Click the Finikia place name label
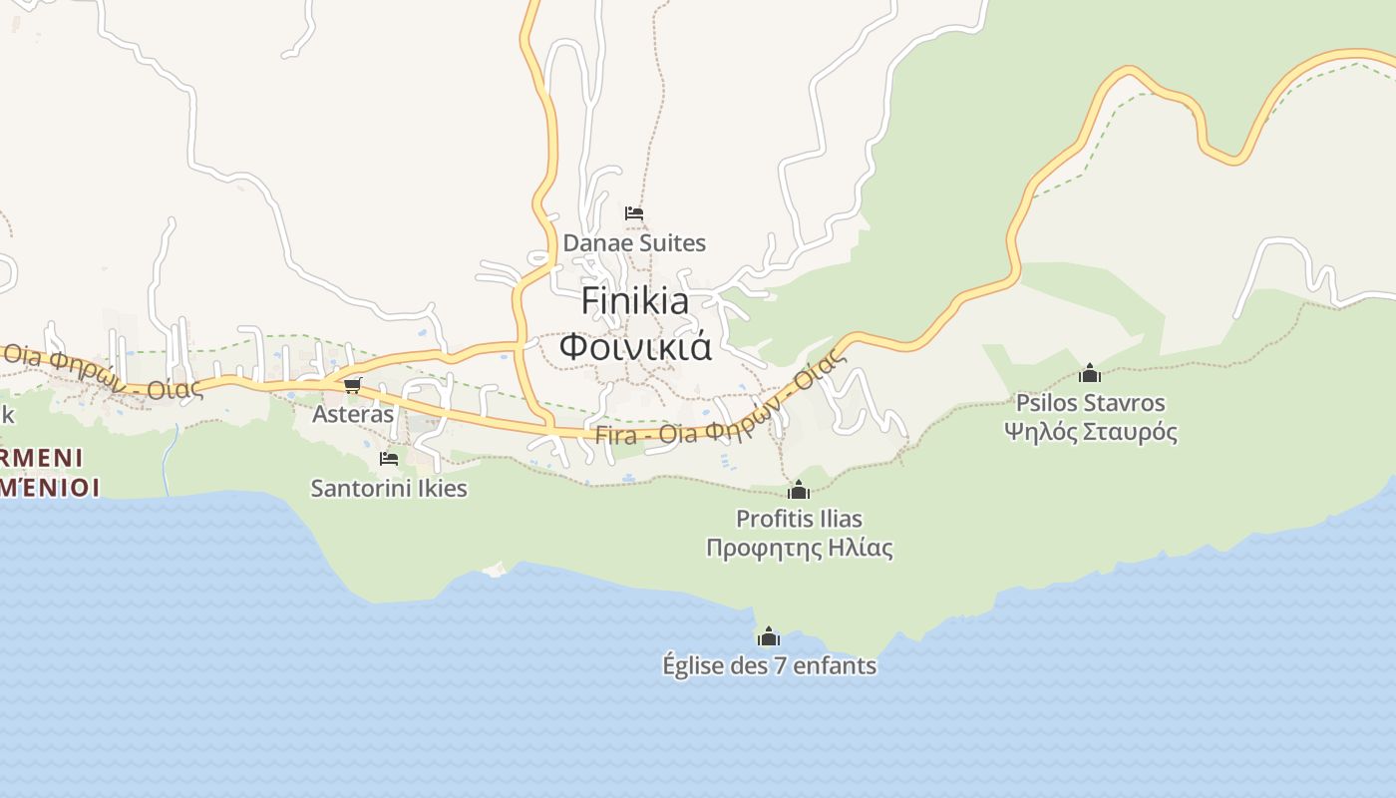(x=634, y=300)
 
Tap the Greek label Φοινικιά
(x=634, y=346)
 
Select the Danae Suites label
(x=634, y=242)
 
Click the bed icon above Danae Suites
(x=634, y=213)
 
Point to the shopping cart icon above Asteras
(x=351, y=385)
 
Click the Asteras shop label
(x=353, y=413)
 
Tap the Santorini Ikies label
(x=389, y=488)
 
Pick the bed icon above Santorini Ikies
(x=389, y=459)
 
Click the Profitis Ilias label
(x=799, y=519)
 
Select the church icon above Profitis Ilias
(x=799, y=490)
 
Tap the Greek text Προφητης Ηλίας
(x=799, y=548)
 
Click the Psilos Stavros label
(x=1090, y=403)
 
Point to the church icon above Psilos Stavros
(x=1090, y=374)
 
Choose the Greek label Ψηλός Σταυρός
(x=1090, y=432)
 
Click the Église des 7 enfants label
(x=769, y=665)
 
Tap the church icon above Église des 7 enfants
(x=769, y=636)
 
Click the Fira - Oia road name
(x=647, y=436)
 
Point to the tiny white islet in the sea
(x=494, y=569)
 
